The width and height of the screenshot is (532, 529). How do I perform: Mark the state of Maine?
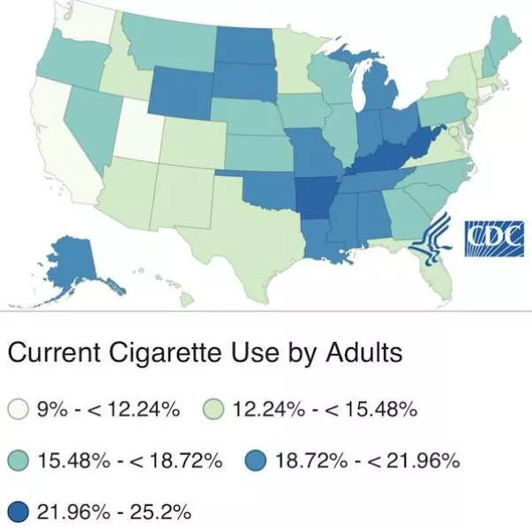[x=504, y=44]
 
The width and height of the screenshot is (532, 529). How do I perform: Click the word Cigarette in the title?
[x=161, y=354]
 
